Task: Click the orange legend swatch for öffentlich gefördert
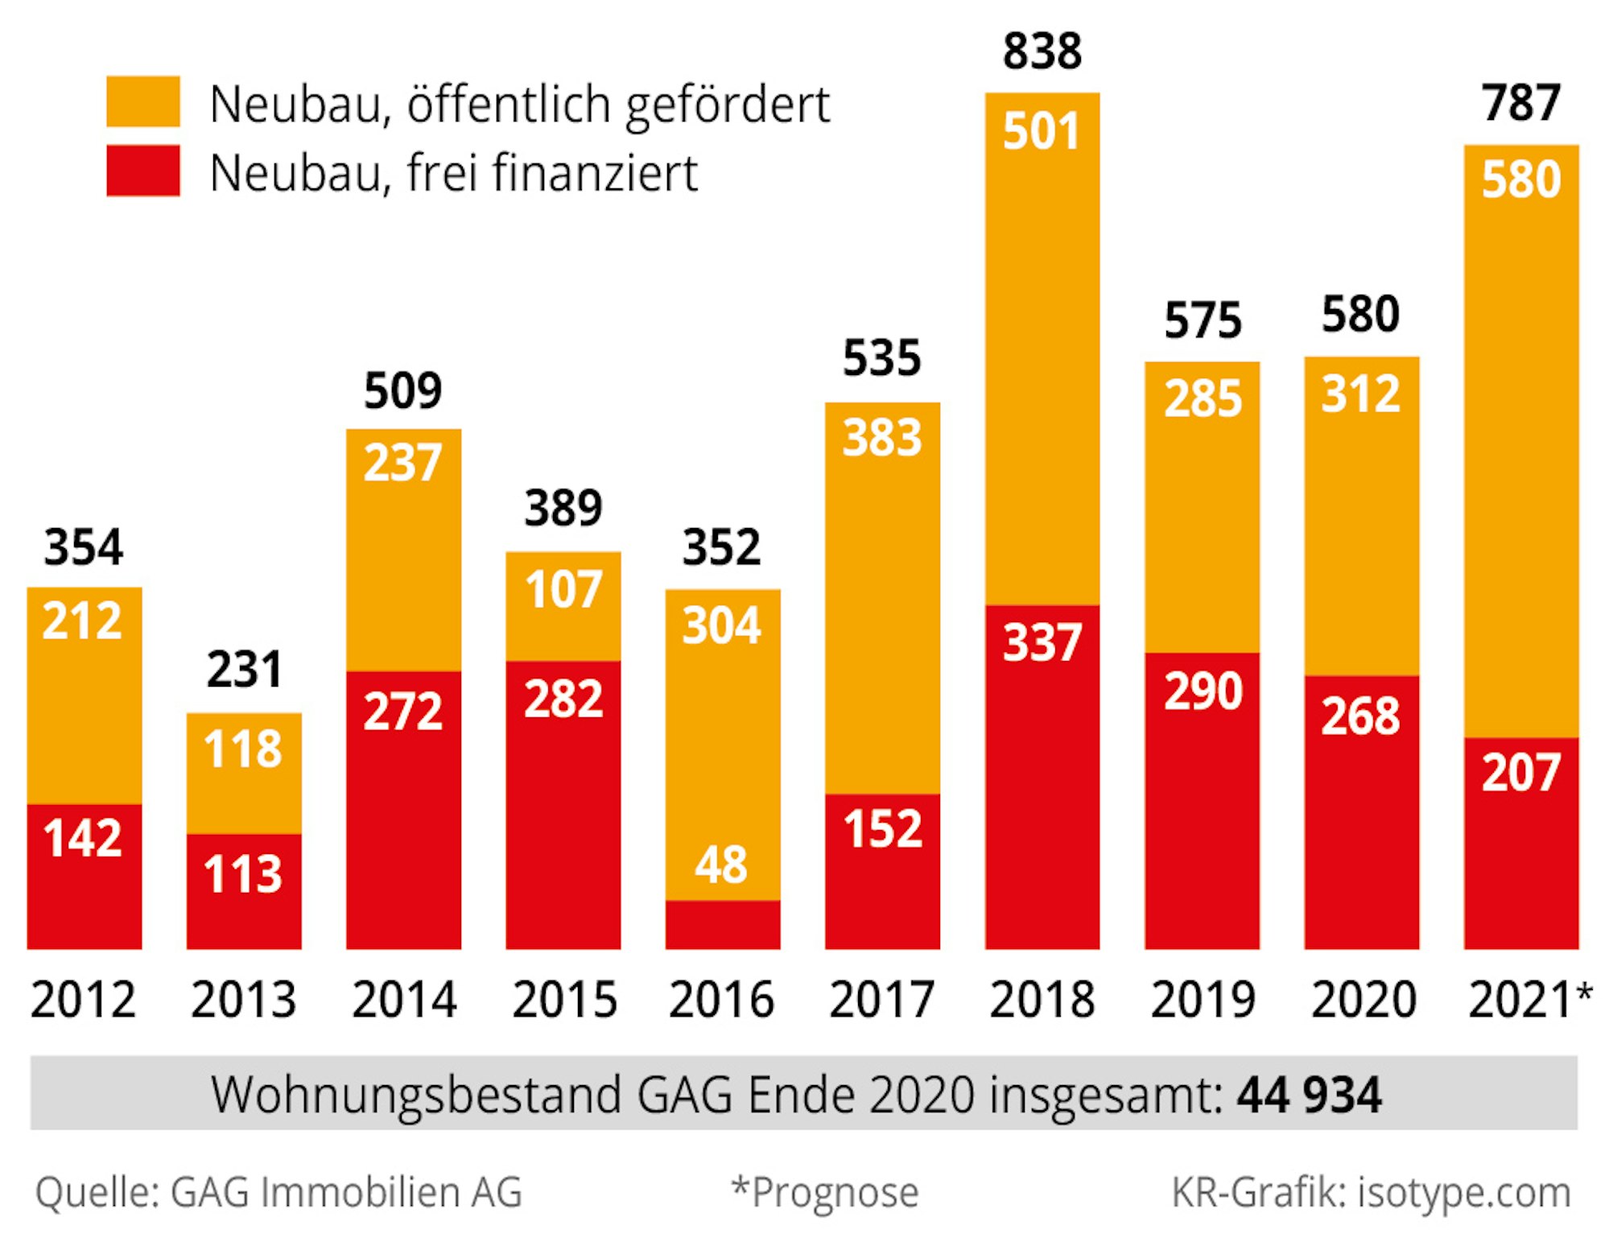click(x=142, y=101)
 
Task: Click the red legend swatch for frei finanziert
click(x=142, y=171)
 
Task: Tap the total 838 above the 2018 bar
click(x=1042, y=52)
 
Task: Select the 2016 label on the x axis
click(x=721, y=1000)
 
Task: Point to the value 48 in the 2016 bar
click(x=721, y=865)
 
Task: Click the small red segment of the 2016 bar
click(x=722, y=925)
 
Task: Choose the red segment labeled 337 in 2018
click(x=1042, y=777)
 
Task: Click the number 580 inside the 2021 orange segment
click(x=1520, y=179)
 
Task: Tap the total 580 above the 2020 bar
click(x=1360, y=314)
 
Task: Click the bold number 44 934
click(x=1309, y=1095)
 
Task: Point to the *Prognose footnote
click(x=824, y=1192)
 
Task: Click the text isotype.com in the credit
click(x=1464, y=1192)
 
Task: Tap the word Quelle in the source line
click(x=97, y=1192)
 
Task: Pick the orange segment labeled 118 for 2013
click(x=243, y=773)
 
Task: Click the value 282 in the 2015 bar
click(x=563, y=699)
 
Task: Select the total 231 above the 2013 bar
click(x=244, y=669)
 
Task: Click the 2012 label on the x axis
click(x=83, y=1000)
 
